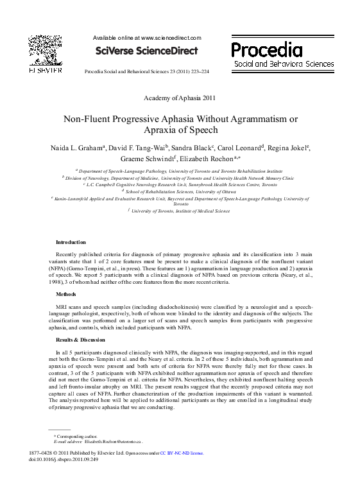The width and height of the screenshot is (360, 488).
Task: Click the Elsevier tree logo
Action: coord(44,49)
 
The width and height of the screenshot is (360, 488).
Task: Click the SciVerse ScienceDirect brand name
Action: coord(146,51)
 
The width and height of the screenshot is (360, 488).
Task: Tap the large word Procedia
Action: coord(266,49)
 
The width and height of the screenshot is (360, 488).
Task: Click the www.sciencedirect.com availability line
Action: coord(147,39)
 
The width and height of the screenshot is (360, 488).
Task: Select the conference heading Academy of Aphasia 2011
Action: coord(180,98)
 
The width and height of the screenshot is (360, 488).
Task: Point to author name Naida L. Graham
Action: coord(78,148)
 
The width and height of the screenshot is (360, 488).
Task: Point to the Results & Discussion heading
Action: coord(80,339)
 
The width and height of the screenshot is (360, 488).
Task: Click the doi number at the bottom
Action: coord(64,459)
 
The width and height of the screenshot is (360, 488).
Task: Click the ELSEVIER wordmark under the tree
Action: coord(44,69)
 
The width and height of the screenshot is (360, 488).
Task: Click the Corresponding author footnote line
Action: coord(75,436)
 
